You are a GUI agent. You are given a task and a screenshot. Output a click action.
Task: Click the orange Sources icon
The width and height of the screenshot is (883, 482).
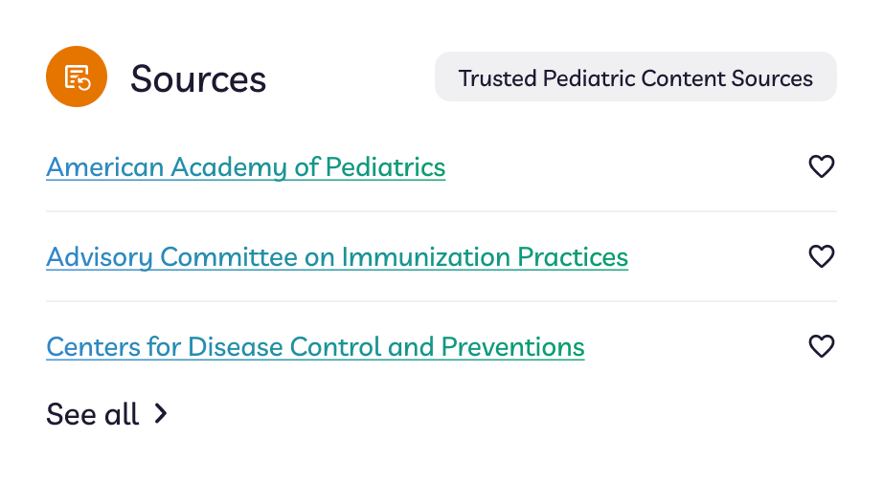77,77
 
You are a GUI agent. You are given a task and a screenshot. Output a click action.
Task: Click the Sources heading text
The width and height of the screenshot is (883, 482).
198,78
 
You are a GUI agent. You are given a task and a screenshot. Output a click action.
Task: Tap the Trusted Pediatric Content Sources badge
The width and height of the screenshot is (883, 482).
636,77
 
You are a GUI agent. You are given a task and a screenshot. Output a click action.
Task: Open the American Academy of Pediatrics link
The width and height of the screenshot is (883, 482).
245,167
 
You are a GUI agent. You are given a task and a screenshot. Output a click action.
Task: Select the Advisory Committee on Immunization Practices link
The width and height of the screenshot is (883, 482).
337,257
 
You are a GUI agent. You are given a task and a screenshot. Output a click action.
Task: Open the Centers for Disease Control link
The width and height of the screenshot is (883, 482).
315,346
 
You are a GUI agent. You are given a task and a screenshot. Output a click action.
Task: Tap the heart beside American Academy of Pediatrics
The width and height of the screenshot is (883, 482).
822,166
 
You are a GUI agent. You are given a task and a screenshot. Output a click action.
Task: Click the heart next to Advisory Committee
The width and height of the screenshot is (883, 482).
822,256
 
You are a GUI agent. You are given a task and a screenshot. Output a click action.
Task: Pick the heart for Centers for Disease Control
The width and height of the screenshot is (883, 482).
822,346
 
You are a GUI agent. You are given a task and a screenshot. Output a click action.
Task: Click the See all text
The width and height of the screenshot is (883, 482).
92,414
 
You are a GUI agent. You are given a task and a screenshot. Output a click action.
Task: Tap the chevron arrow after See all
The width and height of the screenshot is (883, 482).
161,413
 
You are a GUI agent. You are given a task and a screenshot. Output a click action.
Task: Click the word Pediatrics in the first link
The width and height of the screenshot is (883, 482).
386,167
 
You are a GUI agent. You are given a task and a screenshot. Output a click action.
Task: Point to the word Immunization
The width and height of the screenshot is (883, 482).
426,257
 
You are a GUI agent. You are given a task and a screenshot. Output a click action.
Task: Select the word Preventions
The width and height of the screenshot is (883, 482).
513,346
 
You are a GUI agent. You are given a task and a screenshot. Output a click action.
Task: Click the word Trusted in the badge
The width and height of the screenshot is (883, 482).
497,78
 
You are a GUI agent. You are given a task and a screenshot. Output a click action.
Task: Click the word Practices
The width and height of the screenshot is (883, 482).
573,257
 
